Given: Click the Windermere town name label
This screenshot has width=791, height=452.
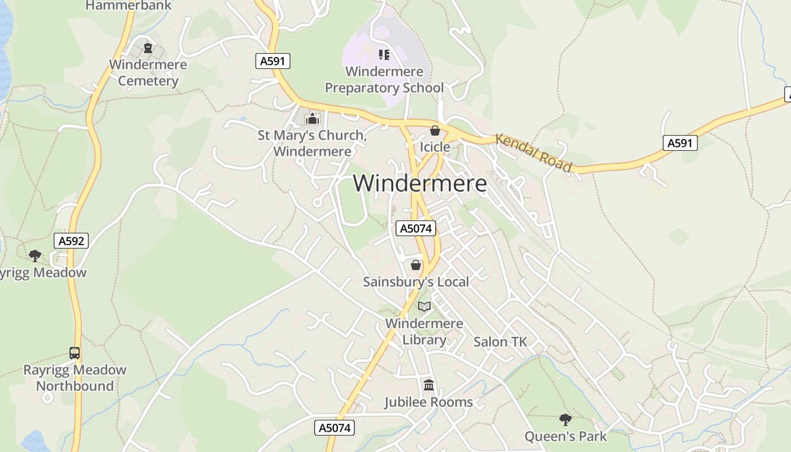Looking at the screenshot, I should click(x=420, y=183).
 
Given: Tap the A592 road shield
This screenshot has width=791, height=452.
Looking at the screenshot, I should click(x=72, y=241).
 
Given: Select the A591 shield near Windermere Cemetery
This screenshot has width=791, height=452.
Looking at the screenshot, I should click(x=273, y=61).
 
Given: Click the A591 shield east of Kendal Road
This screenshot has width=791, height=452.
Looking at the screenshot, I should click(x=680, y=143).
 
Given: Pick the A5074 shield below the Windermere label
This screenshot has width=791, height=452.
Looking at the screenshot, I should click(x=415, y=228).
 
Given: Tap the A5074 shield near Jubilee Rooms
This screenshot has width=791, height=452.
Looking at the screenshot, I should click(x=334, y=428).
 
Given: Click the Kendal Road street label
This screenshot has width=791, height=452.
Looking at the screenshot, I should click(x=534, y=152).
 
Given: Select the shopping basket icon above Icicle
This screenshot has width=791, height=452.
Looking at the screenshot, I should click(x=434, y=131).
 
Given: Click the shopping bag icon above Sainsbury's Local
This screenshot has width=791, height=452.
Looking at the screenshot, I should click(x=416, y=264).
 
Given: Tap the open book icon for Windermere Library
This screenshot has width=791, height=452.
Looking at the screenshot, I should click(x=424, y=306).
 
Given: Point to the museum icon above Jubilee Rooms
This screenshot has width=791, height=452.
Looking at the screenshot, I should click(x=428, y=385).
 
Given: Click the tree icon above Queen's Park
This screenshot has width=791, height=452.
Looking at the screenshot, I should click(x=565, y=419).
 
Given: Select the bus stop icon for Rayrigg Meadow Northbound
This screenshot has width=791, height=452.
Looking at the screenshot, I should click(x=75, y=353).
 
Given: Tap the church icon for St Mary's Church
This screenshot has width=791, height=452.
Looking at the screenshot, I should click(x=312, y=119).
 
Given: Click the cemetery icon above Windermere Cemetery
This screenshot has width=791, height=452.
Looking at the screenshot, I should click(x=148, y=48).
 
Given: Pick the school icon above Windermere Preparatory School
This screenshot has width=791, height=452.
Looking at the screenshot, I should click(x=384, y=55).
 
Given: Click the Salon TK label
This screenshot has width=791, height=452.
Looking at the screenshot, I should click(x=499, y=342).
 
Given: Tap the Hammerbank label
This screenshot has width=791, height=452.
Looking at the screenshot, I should click(x=129, y=6).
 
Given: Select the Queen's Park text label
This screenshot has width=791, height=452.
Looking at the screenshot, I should click(x=565, y=436).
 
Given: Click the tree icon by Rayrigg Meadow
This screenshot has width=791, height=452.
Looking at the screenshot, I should click(x=35, y=256).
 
